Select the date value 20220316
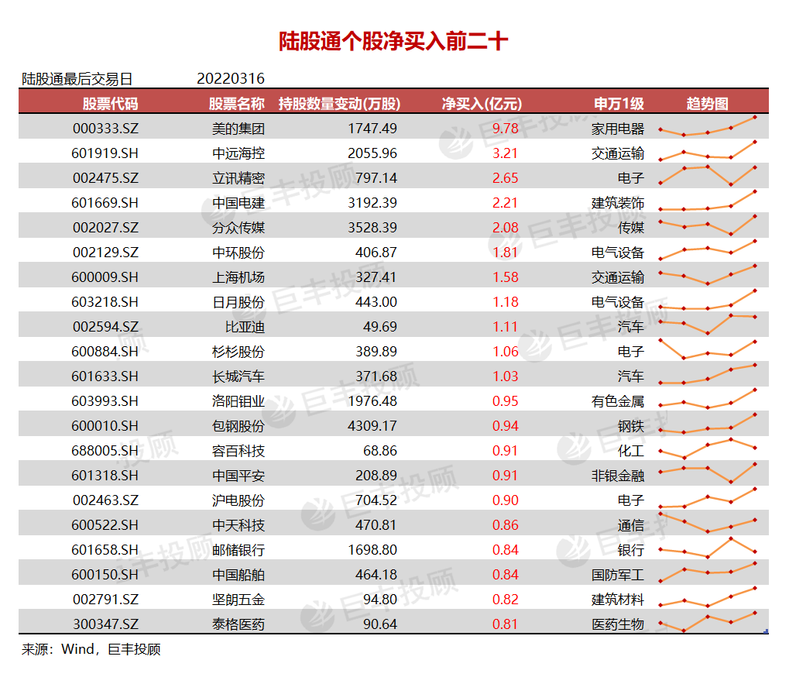click(231, 79)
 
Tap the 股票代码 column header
click(111, 104)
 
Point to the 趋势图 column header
click(707, 104)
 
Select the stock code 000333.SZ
click(105, 129)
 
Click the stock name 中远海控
click(238, 153)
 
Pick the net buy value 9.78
click(505, 129)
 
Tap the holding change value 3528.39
click(372, 228)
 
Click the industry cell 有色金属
click(617, 401)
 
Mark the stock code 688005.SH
click(105, 451)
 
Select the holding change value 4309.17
click(372, 426)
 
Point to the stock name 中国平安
click(238, 476)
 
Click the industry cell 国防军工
click(617, 575)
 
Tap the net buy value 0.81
click(505, 624)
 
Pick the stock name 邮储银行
click(238, 550)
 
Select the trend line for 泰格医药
click(707, 621)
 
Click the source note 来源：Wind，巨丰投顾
click(91, 649)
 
